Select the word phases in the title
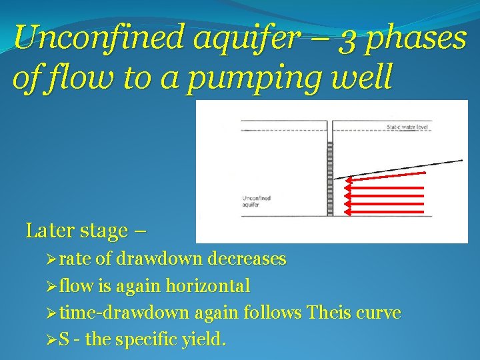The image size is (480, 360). pyautogui.click(x=419, y=39)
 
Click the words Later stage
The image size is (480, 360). pyautogui.click(x=76, y=231)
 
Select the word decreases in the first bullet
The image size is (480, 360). pyautogui.click(x=248, y=259)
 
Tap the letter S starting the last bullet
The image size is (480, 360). pyautogui.click(x=63, y=340)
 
